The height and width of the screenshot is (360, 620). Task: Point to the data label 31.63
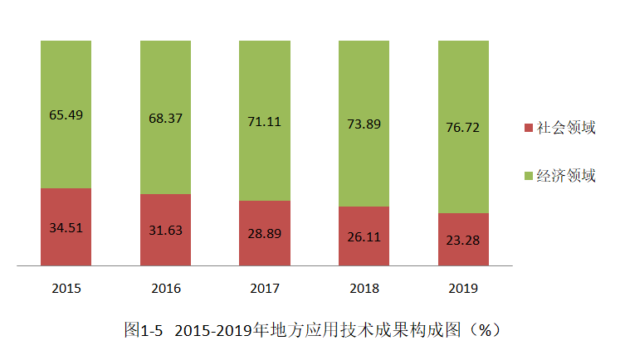pos(165,230)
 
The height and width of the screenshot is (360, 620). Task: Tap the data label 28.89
pos(265,233)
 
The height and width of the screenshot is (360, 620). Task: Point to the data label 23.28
pos(463,240)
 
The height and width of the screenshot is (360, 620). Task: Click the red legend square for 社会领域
pos(530,129)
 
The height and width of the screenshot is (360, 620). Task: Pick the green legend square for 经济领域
pos(530,176)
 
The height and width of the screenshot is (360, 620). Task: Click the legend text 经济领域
pos(566,176)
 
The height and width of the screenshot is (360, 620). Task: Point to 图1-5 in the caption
pos(144,330)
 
